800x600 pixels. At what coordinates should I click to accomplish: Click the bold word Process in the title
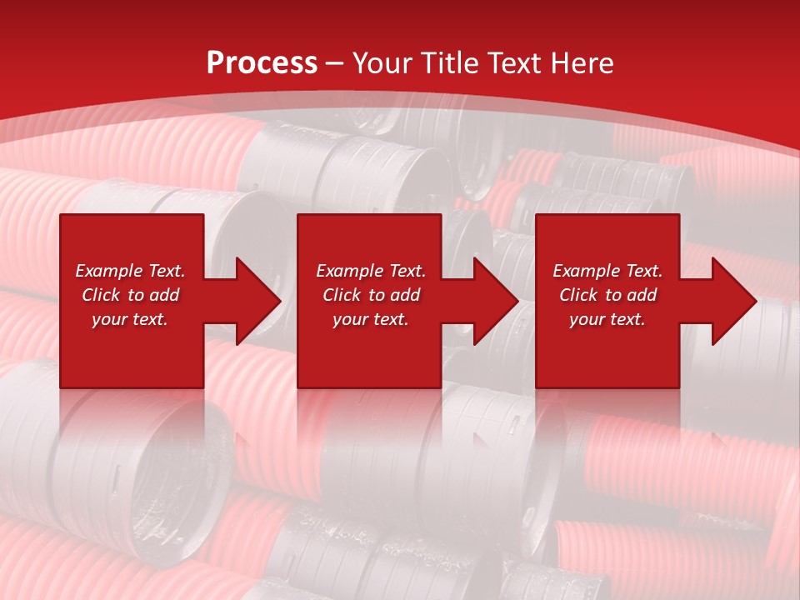pyautogui.click(x=262, y=63)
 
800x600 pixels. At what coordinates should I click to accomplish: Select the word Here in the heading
pyautogui.click(x=582, y=63)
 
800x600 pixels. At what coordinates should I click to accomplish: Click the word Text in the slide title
pyautogui.click(x=517, y=63)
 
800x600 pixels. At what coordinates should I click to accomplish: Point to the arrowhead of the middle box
pyautogui.click(x=496, y=301)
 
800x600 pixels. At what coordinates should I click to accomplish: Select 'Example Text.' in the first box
pyautogui.click(x=130, y=271)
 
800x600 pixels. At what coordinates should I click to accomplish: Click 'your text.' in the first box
pyautogui.click(x=130, y=319)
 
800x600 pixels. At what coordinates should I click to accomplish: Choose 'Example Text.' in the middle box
pyautogui.click(x=371, y=271)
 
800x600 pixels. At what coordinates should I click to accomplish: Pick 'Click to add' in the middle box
pyautogui.click(x=371, y=295)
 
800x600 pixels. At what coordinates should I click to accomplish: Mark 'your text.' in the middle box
pyautogui.click(x=371, y=319)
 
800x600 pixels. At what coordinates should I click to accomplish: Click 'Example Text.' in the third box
pyautogui.click(x=607, y=271)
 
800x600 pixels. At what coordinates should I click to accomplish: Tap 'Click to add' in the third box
pyautogui.click(x=607, y=295)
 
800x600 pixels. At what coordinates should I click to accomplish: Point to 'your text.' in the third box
pyautogui.click(x=607, y=319)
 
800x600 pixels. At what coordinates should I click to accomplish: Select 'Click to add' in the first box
pyautogui.click(x=130, y=295)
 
